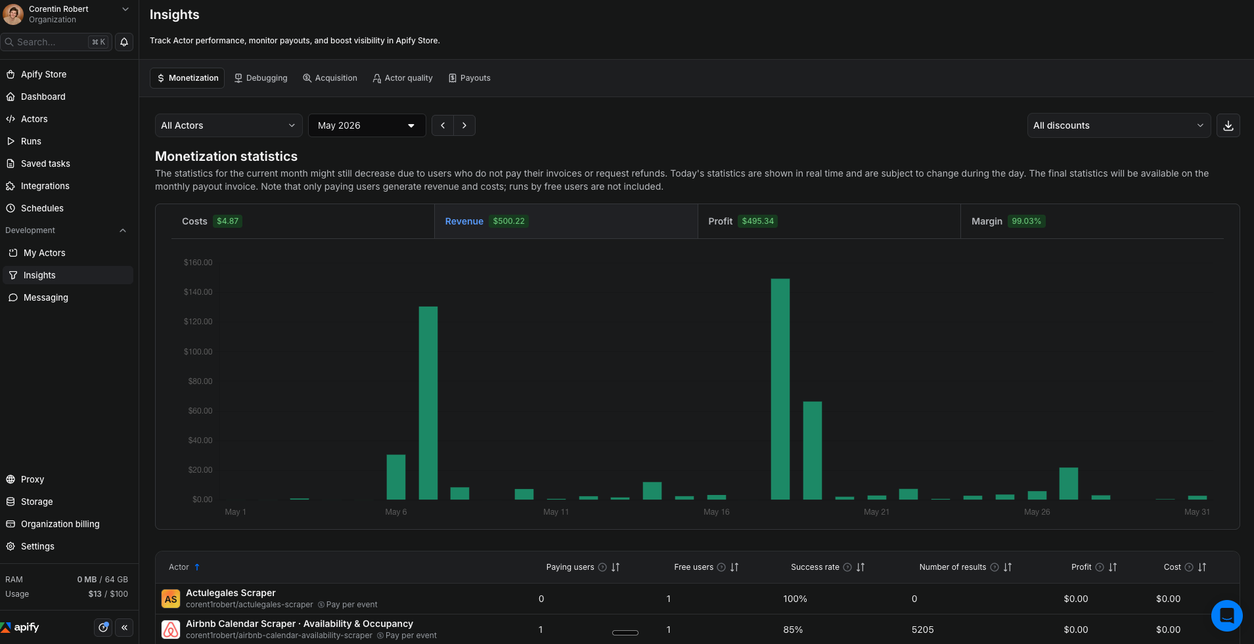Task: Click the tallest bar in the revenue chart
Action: tap(780, 389)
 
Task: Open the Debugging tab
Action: tap(261, 78)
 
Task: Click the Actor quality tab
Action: tap(403, 78)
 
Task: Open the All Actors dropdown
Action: tap(229, 125)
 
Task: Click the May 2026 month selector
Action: tap(367, 125)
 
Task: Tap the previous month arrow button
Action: tap(443, 125)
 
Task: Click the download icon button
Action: tap(1228, 125)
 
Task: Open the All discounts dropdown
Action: tap(1119, 125)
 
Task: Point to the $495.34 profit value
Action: tap(757, 221)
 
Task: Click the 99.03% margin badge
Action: tap(1026, 221)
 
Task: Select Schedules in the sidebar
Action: tap(42, 208)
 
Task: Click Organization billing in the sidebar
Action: tap(60, 524)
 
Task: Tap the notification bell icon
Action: tap(124, 42)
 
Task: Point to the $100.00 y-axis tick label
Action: tap(198, 352)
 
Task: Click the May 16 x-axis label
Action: tap(716, 512)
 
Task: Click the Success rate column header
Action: tap(815, 567)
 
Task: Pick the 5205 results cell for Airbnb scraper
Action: tap(922, 630)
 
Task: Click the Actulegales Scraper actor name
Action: tap(231, 593)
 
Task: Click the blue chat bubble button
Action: tap(1226, 616)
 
